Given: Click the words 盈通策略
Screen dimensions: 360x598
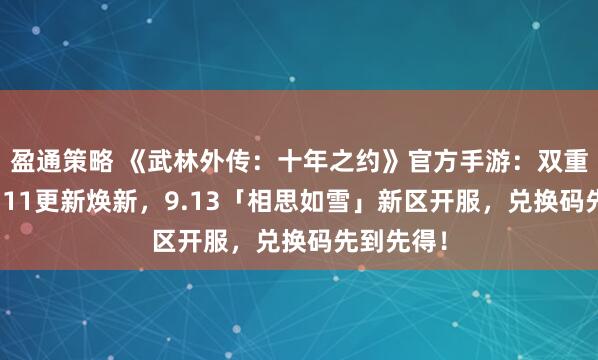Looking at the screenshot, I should click(55, 159).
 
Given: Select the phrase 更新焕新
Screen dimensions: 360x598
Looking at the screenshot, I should click(70, 199).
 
